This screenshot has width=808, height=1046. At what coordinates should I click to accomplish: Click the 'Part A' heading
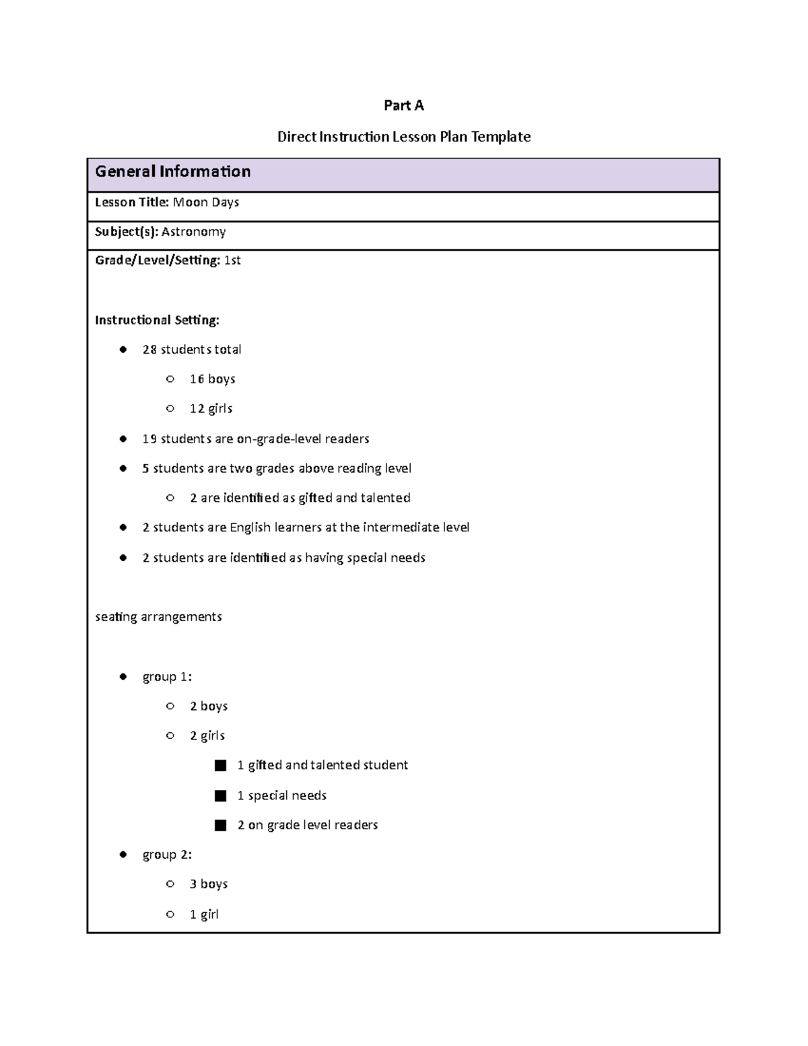(403, 105)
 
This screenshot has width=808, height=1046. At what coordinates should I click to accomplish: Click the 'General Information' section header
(172, 172)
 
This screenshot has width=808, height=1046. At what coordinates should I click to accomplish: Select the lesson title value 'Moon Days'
(206, 202)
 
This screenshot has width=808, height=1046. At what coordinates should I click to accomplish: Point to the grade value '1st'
(232, 260)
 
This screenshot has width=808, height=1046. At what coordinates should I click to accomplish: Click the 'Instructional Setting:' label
(157, 320)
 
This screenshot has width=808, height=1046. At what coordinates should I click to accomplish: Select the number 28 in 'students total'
(149, 350)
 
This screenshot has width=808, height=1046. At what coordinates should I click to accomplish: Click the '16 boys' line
(212, 379)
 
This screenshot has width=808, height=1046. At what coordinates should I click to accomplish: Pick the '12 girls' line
(211, 409)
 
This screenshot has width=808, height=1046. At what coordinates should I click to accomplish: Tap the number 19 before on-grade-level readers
(149, 439)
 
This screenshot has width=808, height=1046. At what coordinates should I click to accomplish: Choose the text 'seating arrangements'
(158, 617)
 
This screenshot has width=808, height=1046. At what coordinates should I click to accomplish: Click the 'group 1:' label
(167, 677)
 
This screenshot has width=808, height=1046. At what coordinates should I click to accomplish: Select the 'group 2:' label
(167, 855)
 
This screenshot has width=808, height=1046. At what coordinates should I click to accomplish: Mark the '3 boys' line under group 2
(209, 884)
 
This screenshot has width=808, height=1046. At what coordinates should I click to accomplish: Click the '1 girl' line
(204, 915)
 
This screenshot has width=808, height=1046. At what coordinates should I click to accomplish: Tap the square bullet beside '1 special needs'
(220, 795)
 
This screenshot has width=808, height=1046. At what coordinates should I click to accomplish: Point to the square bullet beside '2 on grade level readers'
(220, 825)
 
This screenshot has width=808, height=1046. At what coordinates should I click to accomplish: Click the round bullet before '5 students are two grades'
(123, 468)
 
